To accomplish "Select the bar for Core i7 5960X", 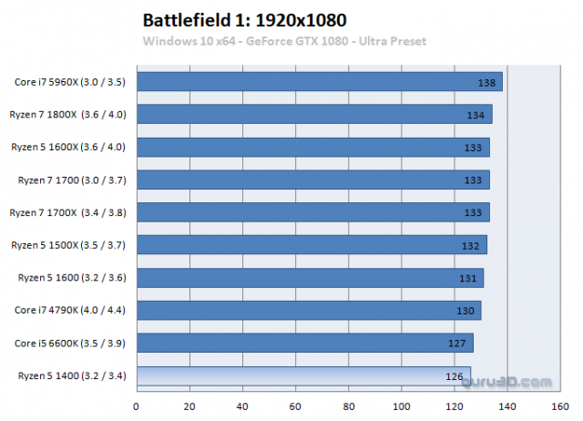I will tap(319, 81).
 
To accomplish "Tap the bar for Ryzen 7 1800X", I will tap(313, 114).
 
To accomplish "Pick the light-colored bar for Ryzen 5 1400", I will tap(303, 375).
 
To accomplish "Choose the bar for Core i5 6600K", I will tap(304, 343).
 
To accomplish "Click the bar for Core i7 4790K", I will tap(308, 310).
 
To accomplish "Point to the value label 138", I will tap(486, 83).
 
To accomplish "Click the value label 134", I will tap(476, 116).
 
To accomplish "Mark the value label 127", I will tap(458, 344).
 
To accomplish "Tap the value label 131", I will tap(468, 279).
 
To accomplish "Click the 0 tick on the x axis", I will tap(137, 406).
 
